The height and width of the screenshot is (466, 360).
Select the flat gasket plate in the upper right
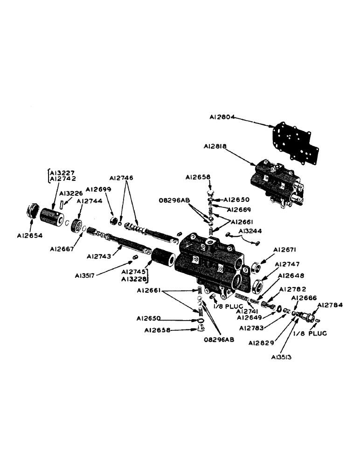[293, 140]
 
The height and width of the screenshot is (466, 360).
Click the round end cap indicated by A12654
[32, 216]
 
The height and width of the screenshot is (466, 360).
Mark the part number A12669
[239, 209]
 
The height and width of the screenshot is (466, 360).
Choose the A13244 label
[250, 230]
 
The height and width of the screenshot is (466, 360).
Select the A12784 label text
[330, 305]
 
